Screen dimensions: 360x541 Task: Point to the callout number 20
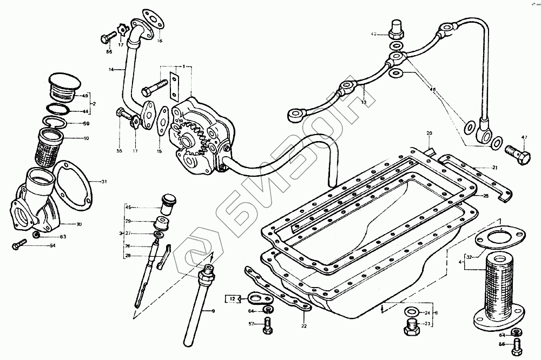click(429, 133)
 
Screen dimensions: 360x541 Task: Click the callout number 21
click(494, 168)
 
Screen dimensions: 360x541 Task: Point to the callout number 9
click(213, 311)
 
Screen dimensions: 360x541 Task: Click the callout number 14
click(111, 70)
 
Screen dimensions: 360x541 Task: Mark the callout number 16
click(160, 41)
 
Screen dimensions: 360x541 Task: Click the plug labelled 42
click(396, 26)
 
